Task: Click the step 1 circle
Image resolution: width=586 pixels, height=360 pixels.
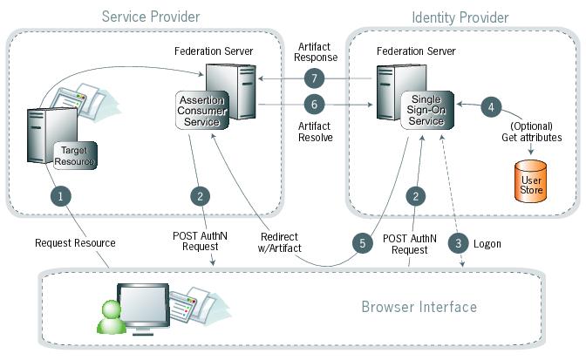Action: point(60,197)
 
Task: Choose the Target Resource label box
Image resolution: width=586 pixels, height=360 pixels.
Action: point(73,156)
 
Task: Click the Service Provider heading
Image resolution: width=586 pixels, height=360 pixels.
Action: point(150,17)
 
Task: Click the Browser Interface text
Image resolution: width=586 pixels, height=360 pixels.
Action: point(419,307)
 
